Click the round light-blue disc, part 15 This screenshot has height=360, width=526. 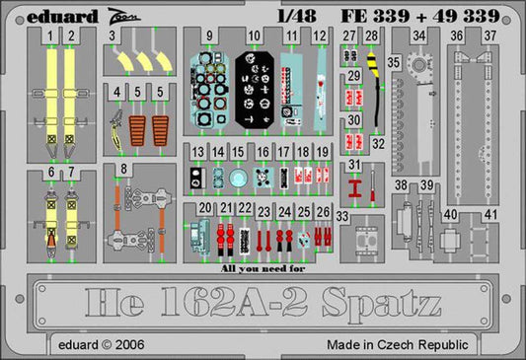point(237,178)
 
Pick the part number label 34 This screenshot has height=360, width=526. point(419,36)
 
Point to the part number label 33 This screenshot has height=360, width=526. point(341,216)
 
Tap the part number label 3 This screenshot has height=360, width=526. point(113,36)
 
